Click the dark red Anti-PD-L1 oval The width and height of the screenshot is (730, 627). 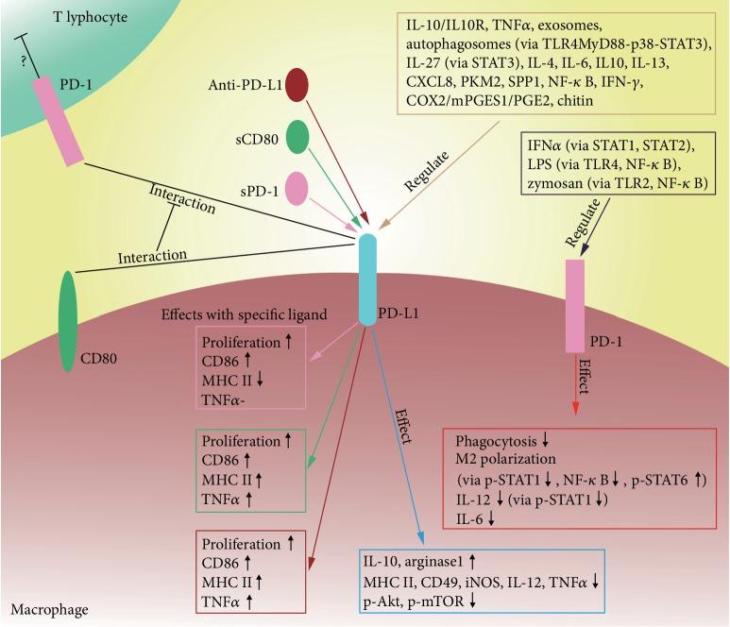click(x=297, y=84)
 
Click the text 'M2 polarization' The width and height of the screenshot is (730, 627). click(x=503, y=459)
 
